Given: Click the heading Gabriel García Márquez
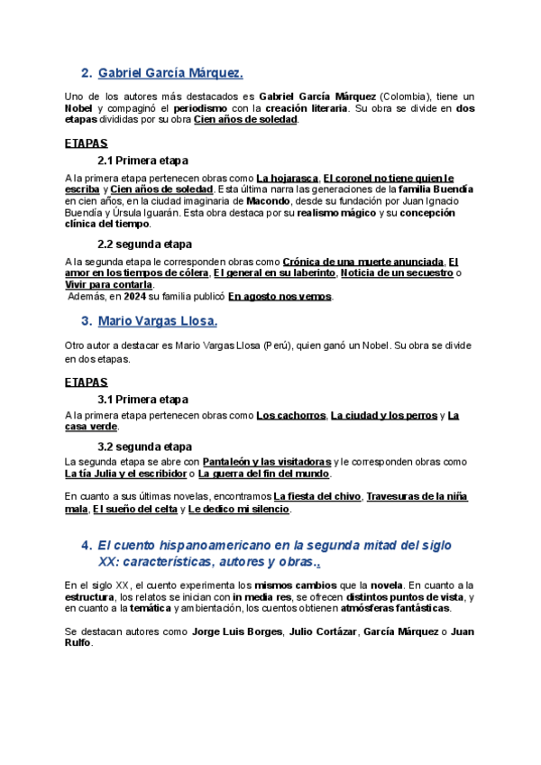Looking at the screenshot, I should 170,73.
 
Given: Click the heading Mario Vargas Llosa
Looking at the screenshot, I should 157,321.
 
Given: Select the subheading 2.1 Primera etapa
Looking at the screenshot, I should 142,161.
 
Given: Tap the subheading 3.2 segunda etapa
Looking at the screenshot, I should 144,447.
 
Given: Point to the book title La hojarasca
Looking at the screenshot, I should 287,178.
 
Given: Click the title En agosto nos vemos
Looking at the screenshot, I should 280,296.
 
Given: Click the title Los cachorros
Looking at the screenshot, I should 290,415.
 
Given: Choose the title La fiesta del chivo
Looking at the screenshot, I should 317,497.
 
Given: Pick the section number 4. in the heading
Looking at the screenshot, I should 87,545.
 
